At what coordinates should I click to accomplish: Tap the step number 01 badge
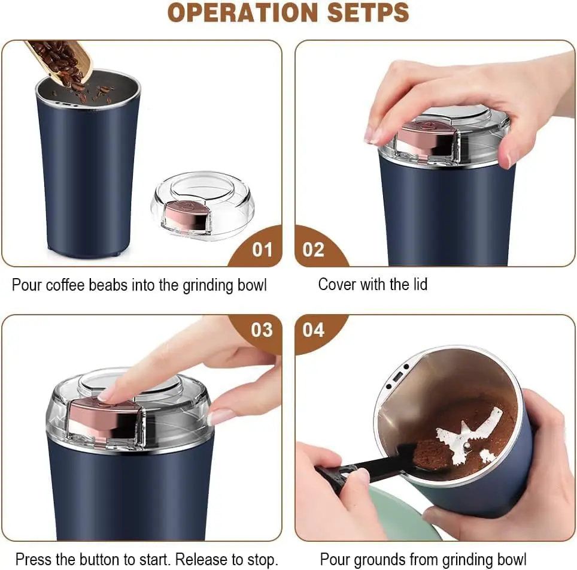[262, 249]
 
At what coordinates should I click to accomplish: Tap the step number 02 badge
[313, 249]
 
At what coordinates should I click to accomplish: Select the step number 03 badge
[262, 330]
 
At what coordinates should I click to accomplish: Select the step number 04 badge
[313, 330]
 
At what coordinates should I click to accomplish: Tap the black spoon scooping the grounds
[371, 465]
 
